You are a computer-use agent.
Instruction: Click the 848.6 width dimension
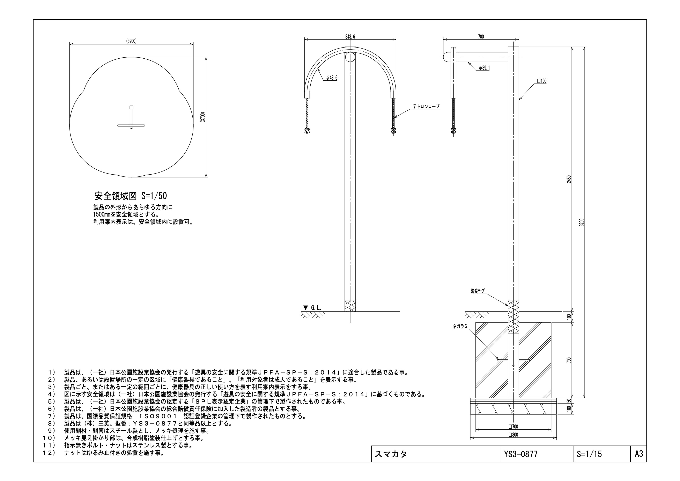coord(350,37)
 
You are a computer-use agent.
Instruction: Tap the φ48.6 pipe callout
coord(332,78)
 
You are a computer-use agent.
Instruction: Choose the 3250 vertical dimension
coord(582,222)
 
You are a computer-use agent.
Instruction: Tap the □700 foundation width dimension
coord(513,427)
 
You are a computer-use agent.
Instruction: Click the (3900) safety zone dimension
coord(131,41)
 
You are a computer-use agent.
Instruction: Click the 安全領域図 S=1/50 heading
coord(131,196)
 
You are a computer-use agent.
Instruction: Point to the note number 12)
coord(49,453)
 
